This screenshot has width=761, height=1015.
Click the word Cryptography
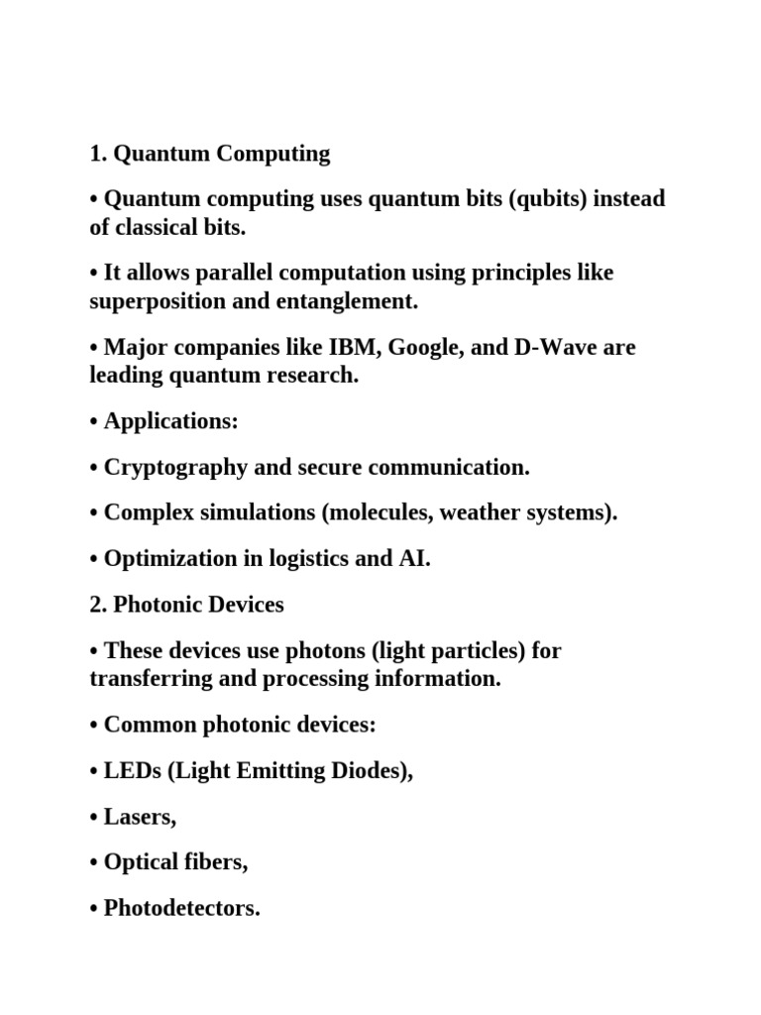click(x=174, y=467)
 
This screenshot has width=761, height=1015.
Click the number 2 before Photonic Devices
click(x=95, y=605)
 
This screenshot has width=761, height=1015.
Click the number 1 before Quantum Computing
click(x=95, y=154)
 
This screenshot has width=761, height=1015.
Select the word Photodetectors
click(x=181, y=908)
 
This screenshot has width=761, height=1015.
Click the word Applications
click(x=170, y=421)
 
